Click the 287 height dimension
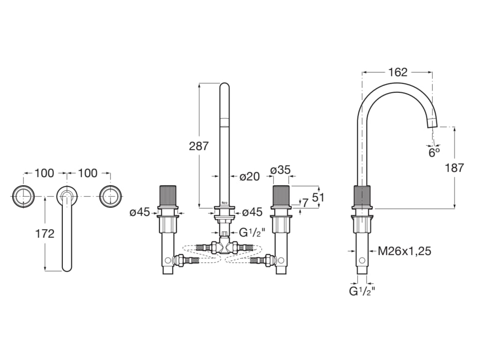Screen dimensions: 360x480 coord(199,146)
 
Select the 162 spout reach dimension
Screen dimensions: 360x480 coord(397,72)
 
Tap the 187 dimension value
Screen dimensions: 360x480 coord(454,167)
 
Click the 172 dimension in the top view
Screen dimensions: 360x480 coord(45,233)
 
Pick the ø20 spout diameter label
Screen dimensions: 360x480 coord(249,176)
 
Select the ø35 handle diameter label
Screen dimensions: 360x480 coord(280,169)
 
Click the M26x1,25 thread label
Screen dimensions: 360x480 coord(404,251)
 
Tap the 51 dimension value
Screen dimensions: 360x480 coord(318,197)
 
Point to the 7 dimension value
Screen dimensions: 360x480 coord(305,202)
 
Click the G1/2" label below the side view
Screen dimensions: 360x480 coord(362,292)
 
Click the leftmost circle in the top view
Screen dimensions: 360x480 coord(23,195)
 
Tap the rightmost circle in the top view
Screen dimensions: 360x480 coord(111,195)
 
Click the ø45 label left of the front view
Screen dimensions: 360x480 coord(140,212)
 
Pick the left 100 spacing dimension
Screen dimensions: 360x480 coord(45,173)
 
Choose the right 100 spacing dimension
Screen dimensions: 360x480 coord(88,173)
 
